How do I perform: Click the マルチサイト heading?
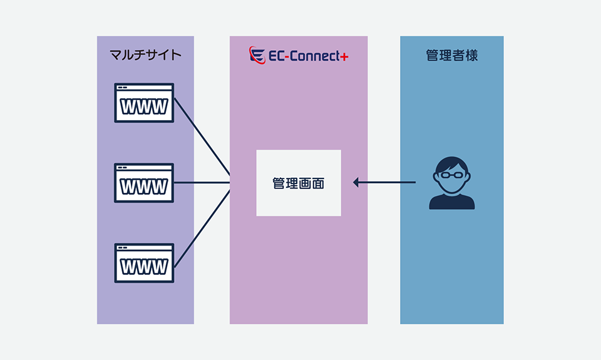tap(145, 55)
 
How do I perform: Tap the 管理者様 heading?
tap(451, 55)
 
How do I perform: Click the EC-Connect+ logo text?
tap(304, 56)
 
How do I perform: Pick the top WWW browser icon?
tap(144, 103)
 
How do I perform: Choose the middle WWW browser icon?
tap(144, 183)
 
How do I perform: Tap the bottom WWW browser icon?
tap(144, 263)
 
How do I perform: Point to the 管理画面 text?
tap(299, 183)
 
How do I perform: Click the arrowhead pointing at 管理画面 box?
tap(356, 182)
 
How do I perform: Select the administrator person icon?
tap(451, 183)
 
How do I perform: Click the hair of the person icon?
tap(451, 163)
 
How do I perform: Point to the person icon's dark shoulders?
tap(451, 202)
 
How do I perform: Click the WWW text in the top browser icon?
tap(144, 106)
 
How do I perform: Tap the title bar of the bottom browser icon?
tap(144, 248)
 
